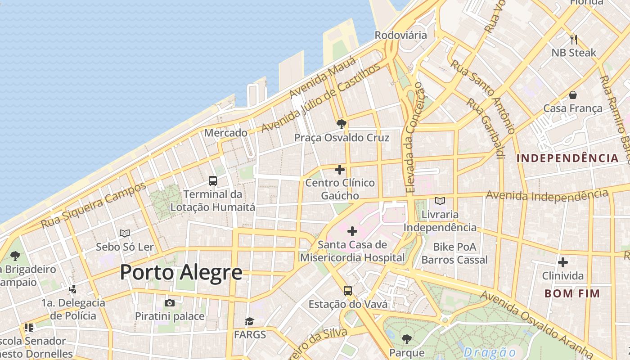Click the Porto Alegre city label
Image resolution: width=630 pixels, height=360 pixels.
(181, 273)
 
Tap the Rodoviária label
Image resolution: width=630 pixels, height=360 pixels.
(400, 35)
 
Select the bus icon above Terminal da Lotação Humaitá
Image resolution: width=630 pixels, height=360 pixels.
(213, 181)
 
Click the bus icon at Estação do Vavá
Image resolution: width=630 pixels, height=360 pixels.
(348, 290)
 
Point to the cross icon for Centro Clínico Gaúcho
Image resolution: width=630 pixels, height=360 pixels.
(340, 170)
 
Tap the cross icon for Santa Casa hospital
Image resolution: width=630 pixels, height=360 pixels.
(352, 231)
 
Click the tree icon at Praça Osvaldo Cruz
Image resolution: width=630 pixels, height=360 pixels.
(342, 124)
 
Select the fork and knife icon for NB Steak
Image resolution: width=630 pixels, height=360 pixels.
(573, 40)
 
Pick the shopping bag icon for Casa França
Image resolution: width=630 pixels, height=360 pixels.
(573, 95)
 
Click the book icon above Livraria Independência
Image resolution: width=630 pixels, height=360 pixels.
(440, 201)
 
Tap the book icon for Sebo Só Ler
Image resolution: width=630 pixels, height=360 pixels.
(125, 233)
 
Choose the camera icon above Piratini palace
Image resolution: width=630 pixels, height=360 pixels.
(170, 303)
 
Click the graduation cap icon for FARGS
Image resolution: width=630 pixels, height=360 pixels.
(250, 321)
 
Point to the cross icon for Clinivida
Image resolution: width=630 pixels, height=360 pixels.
(562, 262)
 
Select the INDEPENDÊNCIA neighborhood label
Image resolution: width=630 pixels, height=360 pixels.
(567, 158)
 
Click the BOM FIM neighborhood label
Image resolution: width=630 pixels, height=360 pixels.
(572, 293)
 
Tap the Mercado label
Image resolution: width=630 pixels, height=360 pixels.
(225, 133)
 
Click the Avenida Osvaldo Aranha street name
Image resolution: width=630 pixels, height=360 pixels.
(535, 323)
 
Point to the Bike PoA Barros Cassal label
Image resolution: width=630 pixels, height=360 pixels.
(454, 253)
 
